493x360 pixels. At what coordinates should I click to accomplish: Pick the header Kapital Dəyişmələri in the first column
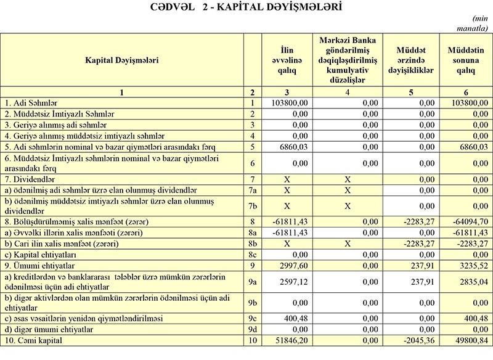(x=122, y=60)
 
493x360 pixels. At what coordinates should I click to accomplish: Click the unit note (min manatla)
(x=476, y=24)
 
